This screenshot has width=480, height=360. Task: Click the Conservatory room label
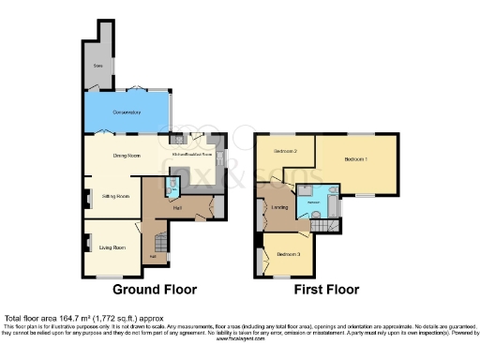(x=127, y=112)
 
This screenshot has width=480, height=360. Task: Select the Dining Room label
(x=126, y=156)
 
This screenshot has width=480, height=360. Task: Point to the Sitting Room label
(x=114, y=197)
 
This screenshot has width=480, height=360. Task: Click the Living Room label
(x=112, y=247)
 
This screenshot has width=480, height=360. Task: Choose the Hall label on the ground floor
(x=177, y=209)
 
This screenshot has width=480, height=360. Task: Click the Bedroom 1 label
(x=356, y=159)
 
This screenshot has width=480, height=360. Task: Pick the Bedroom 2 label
(x=285, y=151)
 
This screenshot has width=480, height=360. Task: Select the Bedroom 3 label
(x=288, y=253)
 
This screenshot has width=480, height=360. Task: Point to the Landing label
(x=279, y=206)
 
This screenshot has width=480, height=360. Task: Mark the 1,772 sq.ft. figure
(x=127, y=320)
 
